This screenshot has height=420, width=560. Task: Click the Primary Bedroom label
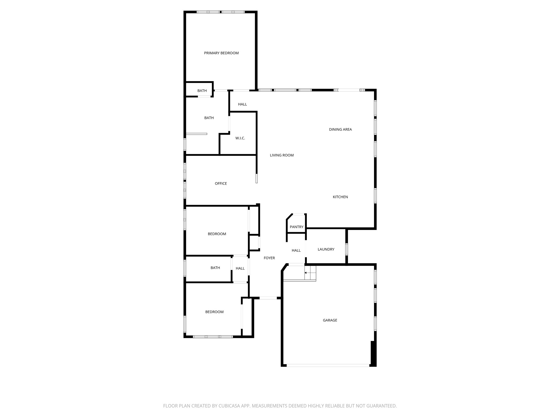221,53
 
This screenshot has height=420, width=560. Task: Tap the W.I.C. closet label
240,138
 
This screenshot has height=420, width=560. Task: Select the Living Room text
282,155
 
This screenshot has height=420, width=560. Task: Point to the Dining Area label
340,130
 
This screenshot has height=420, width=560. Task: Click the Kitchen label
340,197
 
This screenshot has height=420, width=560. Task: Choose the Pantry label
296,227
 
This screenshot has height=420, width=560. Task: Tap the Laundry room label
326,249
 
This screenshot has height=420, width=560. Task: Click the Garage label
330,320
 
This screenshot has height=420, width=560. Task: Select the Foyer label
269,258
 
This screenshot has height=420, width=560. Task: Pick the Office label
221,184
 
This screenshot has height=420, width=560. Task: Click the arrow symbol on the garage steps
306,273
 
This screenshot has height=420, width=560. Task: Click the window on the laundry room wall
346,249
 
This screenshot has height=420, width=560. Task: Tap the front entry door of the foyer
268,298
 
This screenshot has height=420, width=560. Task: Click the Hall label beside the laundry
296,250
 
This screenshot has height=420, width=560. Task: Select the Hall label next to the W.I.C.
242,104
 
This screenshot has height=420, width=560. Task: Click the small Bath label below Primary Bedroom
202,91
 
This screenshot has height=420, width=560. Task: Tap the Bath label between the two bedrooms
215,268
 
